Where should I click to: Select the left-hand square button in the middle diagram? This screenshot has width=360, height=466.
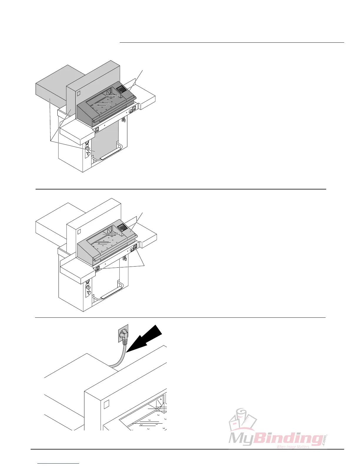tap(97, 268)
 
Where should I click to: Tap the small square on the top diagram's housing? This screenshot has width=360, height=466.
tap(79, 93)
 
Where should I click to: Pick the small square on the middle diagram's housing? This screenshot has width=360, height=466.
tap(79, 232)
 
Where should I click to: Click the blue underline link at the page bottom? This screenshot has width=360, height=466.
tap(59, 463)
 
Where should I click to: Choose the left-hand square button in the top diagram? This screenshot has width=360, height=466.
tap(97, 129)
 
